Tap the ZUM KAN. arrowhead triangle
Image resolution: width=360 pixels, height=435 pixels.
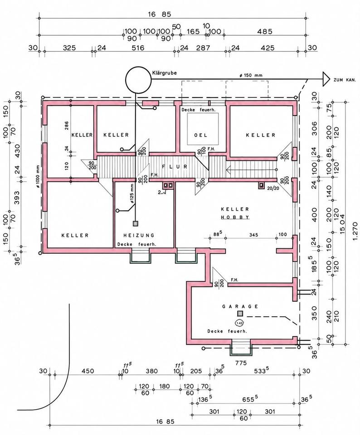[326, 80]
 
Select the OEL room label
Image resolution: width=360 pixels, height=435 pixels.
[201, 135]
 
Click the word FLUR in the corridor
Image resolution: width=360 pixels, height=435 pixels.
[175, 166]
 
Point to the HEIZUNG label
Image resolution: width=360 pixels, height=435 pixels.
[139, 235]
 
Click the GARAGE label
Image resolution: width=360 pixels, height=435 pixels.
[240, 306]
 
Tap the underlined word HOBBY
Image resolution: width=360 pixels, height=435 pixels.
[235, 217]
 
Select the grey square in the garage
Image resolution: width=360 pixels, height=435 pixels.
[240, 314]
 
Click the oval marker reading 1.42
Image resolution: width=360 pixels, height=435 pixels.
[239, 323]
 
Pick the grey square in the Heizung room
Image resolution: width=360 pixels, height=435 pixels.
[136, 223]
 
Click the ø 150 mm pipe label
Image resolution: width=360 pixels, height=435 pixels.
[251, 75]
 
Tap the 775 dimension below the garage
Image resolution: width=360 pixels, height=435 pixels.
[241, 362]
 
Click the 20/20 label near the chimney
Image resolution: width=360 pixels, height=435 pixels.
[273, 188]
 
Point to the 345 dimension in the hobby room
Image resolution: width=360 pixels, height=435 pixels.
[253, 235]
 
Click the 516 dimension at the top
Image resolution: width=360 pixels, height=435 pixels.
[138, 48]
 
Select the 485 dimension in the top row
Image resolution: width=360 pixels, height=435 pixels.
[265, 32]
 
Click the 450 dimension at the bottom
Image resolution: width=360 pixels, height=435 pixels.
[87, 371]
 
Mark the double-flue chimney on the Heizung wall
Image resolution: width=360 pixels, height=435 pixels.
[168, 185]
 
